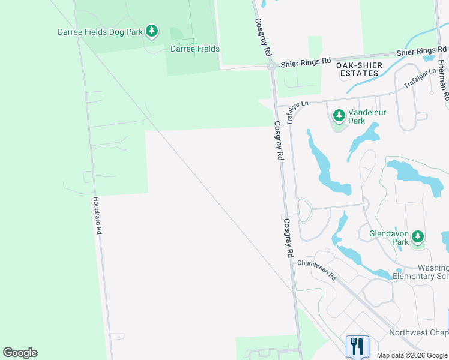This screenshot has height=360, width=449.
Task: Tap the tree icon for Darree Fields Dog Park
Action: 152,31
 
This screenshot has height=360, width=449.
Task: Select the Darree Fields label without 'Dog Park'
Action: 195,49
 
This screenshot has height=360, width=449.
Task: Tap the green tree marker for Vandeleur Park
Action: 339,114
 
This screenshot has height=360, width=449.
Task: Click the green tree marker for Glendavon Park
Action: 418,237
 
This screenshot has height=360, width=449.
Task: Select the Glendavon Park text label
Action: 388,238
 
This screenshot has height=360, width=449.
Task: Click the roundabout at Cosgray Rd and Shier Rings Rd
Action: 271,67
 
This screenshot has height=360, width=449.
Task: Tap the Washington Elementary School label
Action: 421,272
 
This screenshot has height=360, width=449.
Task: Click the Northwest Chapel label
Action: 418,332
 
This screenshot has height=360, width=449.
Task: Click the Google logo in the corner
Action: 20,353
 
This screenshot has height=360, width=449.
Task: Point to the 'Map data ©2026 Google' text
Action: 412,355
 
